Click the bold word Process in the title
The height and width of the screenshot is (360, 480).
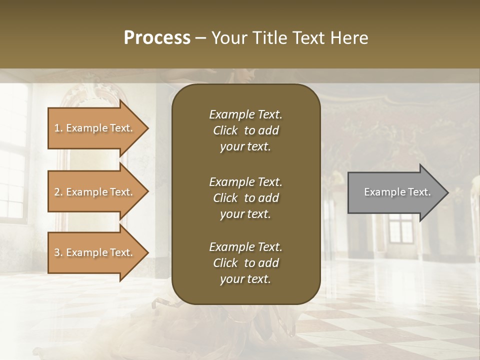click(157, 38)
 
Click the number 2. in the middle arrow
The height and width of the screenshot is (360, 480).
click(58, 192)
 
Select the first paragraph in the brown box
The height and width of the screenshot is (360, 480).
click(245, 130)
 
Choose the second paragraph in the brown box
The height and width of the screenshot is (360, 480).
click(245, 198)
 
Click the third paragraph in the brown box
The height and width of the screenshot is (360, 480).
click(245, 263)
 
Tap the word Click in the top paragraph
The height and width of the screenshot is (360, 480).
click(225, 130)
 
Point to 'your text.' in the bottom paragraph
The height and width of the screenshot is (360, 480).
click(245, 279)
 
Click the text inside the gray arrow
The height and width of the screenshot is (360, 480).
click(397, 192)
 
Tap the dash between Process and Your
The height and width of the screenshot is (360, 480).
click(201, 38)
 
